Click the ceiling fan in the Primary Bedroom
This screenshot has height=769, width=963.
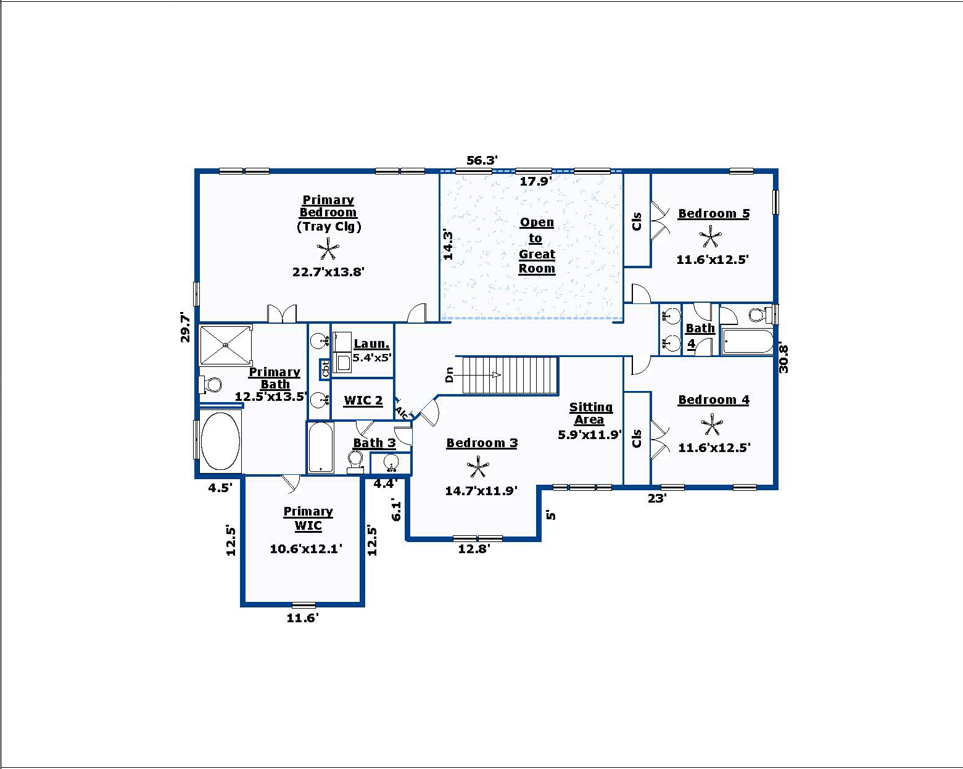click(328, 249)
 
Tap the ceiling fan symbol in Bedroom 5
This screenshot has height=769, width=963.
click(710, 237)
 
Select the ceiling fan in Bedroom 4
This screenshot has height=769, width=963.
click(711, 424)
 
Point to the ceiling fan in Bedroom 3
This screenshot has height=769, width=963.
click(478, 467)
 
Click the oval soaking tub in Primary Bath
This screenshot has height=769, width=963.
click(220, 441)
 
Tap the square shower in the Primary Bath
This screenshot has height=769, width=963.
click(226, 345)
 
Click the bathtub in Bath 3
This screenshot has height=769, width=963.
click(320, 447)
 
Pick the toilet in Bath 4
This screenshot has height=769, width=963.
click(763, 314)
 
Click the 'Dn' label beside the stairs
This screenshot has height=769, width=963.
click(449, 374)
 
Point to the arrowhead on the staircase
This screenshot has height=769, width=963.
click(496, 375)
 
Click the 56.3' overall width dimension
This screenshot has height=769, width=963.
click(482, 160)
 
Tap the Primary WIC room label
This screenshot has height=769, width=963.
click(308, 519)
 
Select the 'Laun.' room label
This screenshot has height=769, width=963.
click(371, 343)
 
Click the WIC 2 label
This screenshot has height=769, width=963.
click(363, 400)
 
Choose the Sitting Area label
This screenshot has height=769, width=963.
click(590, 413)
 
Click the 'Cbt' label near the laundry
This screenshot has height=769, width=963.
click(325, 369)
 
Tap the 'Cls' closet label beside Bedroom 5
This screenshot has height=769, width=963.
click(637, 221)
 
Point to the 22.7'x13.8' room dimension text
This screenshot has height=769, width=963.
click(328, 272)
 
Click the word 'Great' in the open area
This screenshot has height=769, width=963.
click(537, 254)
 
